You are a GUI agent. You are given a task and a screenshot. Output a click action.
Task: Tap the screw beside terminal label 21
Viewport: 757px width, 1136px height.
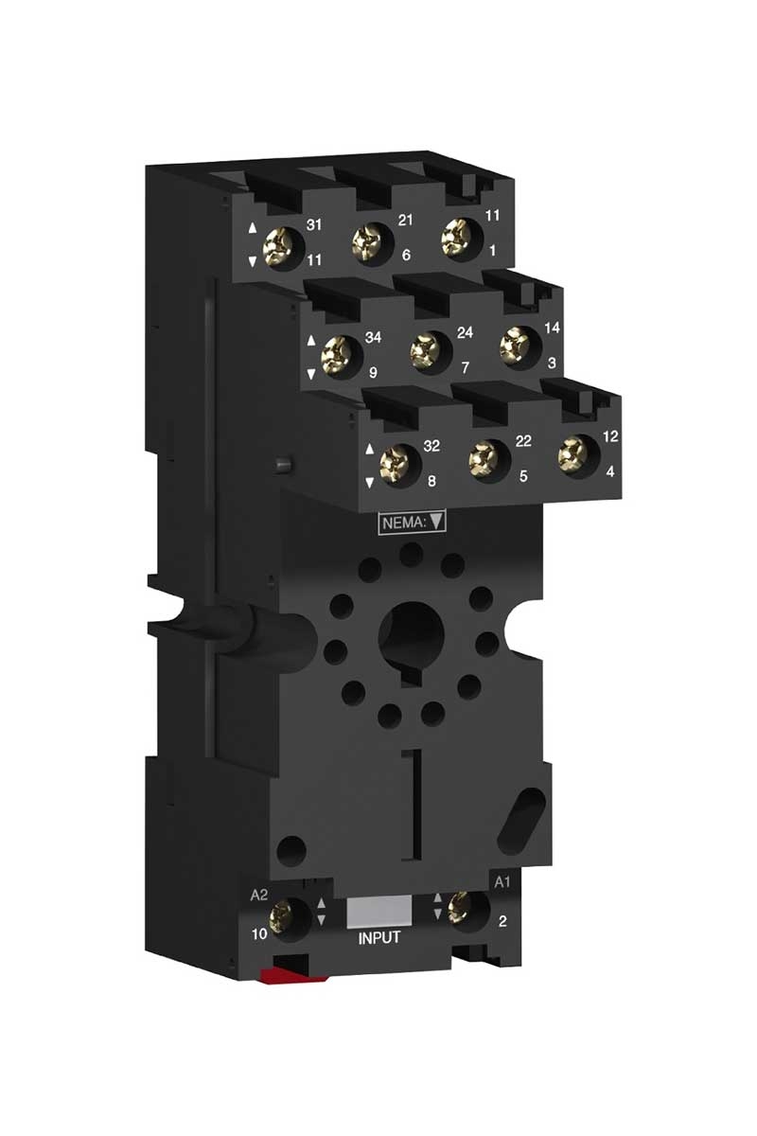point(367,244)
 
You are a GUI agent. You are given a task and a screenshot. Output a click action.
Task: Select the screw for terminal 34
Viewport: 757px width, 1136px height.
point(337,355)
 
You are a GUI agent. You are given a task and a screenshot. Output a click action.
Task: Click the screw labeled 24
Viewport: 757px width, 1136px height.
point(426,350)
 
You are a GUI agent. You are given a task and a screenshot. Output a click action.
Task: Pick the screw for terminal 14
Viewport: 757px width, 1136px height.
point(515,345)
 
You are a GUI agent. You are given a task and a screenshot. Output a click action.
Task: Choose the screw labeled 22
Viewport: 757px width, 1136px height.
point(484,460)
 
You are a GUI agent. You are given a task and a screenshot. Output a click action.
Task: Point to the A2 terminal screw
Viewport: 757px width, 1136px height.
point(281,918)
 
